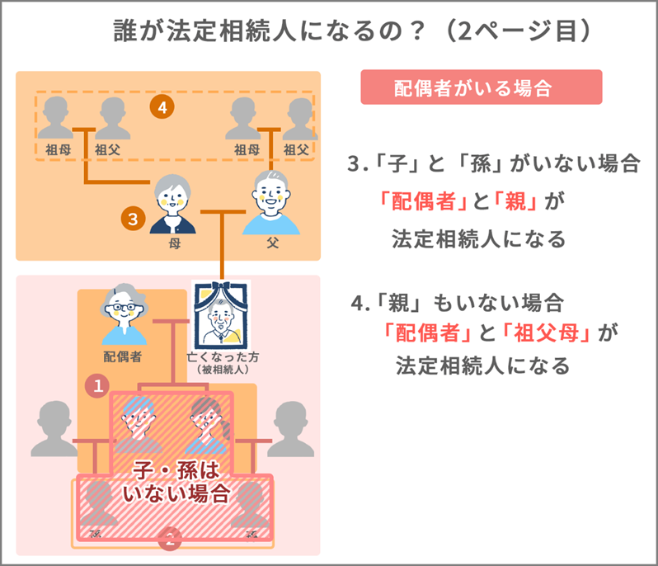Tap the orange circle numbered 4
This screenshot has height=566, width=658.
click(x=163, y=107)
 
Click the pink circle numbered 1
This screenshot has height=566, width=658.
click(x=98, y=384)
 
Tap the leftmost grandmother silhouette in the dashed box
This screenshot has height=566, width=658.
click(x=57, y=120)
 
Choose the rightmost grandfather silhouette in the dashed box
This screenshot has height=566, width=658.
click(x=296, y=120)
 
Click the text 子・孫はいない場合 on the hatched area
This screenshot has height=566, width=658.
click(x=175, y=483)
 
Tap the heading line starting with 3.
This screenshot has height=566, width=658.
click(x=493, y=164)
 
